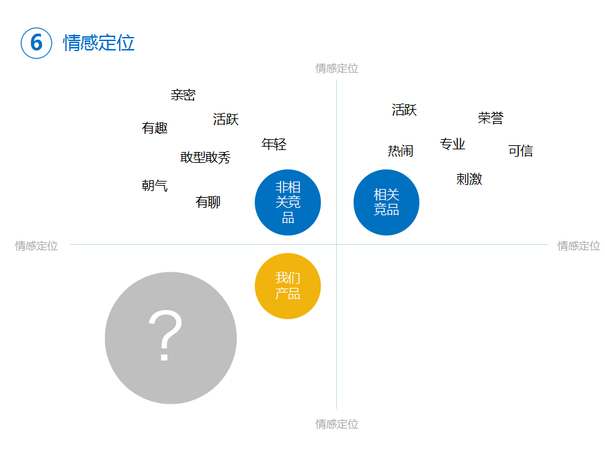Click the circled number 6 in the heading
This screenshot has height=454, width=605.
(36, 43)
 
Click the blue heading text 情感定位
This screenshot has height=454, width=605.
(99, 43)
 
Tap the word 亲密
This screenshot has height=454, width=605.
(184, 95)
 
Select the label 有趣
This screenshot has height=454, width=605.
(155, 128)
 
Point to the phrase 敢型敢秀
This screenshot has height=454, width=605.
(205, 157)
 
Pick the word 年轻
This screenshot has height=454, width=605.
(274, 145)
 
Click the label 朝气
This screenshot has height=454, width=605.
(155, 186)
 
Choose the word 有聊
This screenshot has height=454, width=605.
(208, 202)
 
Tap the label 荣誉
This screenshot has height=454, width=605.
(491, 118)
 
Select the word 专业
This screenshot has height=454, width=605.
(452, 144)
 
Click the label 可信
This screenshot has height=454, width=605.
(520, 151)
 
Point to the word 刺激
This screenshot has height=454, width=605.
(469, 179)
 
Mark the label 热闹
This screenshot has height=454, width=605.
(401, 151)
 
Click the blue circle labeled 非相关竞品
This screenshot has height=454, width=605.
(288, 202)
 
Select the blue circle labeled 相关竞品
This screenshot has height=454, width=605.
(387, 202)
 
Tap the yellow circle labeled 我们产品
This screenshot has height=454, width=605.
(288, 286)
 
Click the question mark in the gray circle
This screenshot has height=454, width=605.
(165, 335)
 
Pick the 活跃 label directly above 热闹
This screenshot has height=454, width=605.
(405, 110)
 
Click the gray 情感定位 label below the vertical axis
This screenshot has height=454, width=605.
(337, 424)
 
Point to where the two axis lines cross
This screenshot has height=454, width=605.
(337, 244)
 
